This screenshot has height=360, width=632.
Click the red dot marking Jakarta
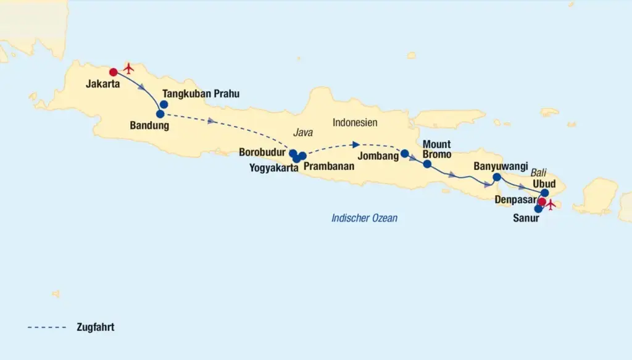coord(113,72)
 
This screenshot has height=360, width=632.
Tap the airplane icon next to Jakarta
coord(128,67)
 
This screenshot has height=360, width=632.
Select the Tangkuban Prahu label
coord(200,94)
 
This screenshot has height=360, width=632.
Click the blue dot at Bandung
coord(160,114)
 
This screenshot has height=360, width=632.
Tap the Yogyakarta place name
coord(270,167)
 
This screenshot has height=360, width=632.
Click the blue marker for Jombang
coord(404,153)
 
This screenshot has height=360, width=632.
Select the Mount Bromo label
coord(437,149)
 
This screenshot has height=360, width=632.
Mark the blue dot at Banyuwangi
coord(497,177)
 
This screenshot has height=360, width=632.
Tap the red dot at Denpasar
coord(542,202)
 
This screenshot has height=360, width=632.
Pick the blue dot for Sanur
coord(538,209)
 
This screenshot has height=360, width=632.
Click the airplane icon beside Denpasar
coord(551,204)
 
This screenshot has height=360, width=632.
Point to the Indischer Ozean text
coord(364,218)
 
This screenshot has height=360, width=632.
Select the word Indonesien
coord(355,122)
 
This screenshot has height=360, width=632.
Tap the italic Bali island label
coord(539,174)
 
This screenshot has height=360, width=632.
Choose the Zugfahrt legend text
coord(96,327)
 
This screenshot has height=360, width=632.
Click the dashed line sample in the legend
coord(47,327)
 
